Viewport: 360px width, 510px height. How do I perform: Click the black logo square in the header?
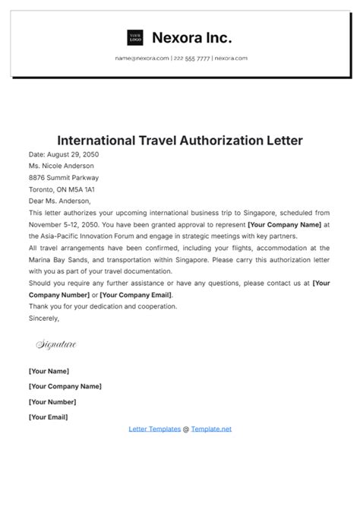point(135,37)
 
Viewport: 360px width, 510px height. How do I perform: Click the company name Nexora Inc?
point(192,37)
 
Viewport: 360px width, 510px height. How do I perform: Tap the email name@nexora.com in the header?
point(142,58)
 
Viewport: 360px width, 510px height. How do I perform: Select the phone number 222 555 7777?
point(191,58)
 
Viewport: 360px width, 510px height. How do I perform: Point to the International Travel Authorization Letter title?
point(180,141)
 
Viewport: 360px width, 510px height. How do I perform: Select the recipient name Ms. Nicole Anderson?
point(62,166)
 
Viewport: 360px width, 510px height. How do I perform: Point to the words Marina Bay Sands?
point(61,260)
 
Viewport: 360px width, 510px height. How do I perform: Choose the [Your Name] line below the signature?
point(49,371)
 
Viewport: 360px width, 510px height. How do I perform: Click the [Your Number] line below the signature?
point(53,401)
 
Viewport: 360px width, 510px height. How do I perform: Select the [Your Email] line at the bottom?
point(48,417)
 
